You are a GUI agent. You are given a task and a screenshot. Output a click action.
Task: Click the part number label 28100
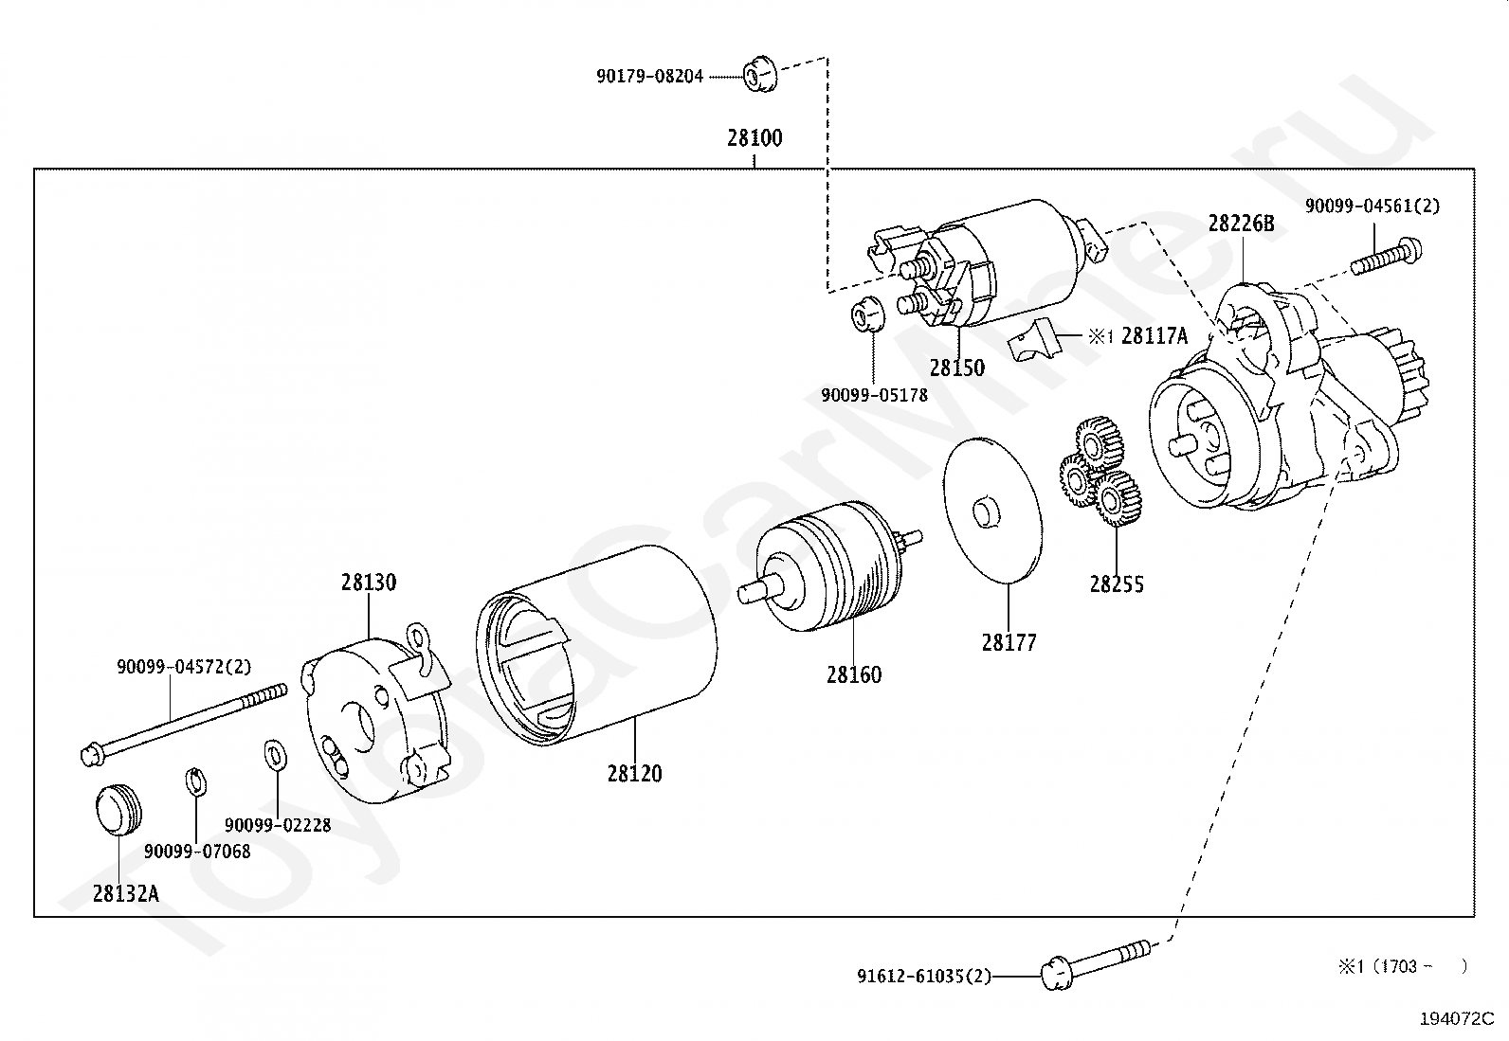[754, 138]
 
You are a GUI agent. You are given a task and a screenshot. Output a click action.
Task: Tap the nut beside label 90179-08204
[760, 75]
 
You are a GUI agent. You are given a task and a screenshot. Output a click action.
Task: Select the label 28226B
[1241, 223]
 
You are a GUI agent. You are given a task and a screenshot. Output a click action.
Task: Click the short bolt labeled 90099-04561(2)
[1387, 256]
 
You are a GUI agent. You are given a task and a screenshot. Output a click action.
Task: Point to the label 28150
[957, 368]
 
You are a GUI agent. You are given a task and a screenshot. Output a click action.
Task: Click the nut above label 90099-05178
[867, 314]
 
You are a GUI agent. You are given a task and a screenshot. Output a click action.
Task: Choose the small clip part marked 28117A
[1033, 338]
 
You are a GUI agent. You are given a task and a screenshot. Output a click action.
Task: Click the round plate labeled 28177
[993, 510]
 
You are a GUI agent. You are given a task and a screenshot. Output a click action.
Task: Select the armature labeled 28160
[830, 566]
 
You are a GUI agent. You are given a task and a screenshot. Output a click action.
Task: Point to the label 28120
[634, 774]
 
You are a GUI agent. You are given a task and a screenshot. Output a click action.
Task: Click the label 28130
[369, 583]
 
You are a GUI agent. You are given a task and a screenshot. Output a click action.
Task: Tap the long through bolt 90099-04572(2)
[183, 725]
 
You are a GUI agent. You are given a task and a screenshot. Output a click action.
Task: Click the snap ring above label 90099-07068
[196, 781]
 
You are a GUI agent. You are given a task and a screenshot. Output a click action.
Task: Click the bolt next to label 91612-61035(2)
[1096, 965]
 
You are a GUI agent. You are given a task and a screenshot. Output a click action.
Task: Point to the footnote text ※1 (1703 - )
[1402, 967]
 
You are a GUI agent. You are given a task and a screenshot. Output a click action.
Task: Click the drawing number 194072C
[1457, 1019]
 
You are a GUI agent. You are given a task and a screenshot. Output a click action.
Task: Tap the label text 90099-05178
[875, 395]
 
